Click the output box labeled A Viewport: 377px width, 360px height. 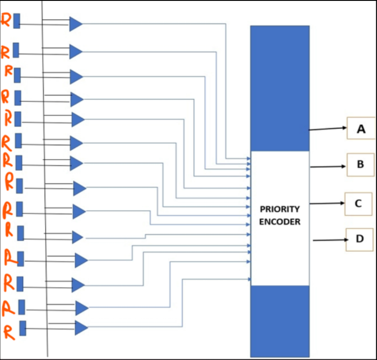(x=360, y=128)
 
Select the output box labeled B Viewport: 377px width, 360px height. (x=360, y=165)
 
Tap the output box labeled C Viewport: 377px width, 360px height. (x=358, y=204)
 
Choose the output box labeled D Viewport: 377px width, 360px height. (x=360, y=239)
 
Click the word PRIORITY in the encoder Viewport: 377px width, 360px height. (x=280, y=209)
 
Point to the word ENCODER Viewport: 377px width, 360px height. (x=280, y=222)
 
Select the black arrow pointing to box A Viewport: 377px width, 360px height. (x=328, y=129)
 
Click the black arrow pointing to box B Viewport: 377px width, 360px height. (x=328, y=166)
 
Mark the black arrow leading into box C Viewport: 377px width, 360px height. (x=327, y=203)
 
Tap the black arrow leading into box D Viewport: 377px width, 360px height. (x=330, y=240)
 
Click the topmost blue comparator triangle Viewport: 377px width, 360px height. (x=75, y=24)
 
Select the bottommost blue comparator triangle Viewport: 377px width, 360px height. (x=81, y=328)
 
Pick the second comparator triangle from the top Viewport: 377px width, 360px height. (x=75, y=52)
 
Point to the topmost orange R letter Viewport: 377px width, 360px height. (x=6, y=20)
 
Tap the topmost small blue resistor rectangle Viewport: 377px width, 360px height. (x=17, y=21)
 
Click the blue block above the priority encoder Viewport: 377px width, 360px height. (x=280, y=87)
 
